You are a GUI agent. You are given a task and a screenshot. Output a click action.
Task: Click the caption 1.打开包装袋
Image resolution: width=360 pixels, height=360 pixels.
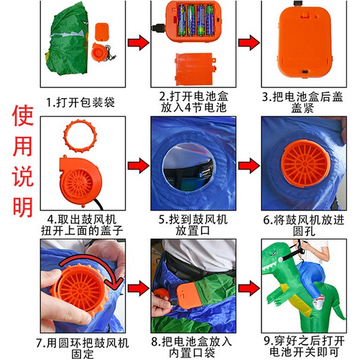80,102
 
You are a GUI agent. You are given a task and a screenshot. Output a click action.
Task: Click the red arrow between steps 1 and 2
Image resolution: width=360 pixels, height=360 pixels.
138,42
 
